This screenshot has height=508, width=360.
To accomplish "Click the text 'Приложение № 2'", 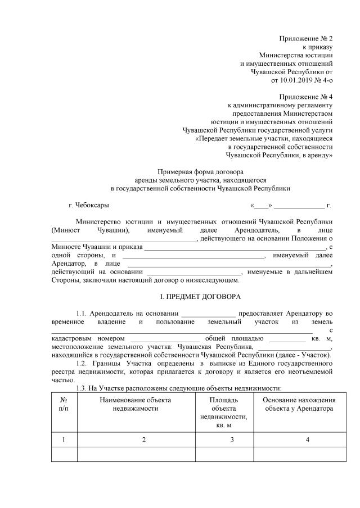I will (x=306, y=38).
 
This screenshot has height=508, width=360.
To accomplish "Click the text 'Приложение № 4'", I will (x=306, y=96).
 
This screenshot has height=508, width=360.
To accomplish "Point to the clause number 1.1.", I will (x=82, y=313).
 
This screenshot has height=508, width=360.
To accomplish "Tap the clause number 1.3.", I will (x=82, y=388).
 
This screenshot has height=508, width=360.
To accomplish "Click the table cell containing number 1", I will (x=64, y=439).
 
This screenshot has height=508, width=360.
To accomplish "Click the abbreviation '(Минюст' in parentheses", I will (x=65, y=230).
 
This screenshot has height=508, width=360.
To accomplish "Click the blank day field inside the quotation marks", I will (x=261, y=205).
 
